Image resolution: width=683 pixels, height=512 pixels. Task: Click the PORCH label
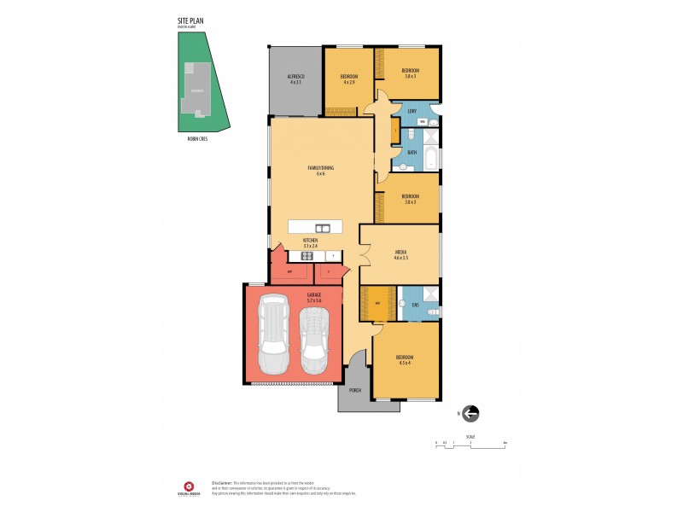pyautogui.click(x=354, y=390)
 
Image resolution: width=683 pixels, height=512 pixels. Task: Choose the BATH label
pyautogui.click(x=412, y=152)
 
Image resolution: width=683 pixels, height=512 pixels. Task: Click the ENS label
pyautogui.click(x=415, y=305)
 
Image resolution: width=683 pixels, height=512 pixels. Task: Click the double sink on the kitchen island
pyautogui.click(x=323, y=228)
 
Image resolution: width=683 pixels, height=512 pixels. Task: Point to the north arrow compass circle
pyautogui.click(x=470, y=414)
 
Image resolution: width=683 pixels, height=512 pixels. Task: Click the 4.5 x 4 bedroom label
pyautogui.click(x=404, y=359)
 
